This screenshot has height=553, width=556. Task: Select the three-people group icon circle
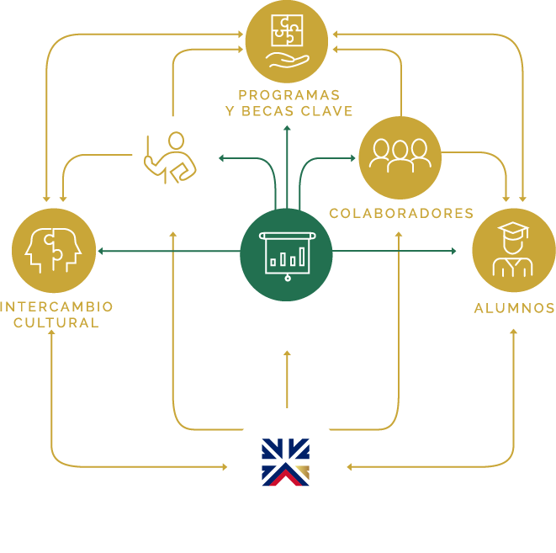tap(400, 157)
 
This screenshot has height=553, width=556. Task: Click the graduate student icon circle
tap(513, 250)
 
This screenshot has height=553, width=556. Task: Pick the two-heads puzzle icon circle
tap(53, 250)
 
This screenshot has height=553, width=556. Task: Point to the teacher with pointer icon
tap(170, 157)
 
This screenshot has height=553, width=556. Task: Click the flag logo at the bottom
tap(286, 462)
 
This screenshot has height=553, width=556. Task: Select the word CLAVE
tap(329, 111)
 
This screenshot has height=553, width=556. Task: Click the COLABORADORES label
tap(401, 214)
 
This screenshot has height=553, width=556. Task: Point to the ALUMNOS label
tap(514, 308)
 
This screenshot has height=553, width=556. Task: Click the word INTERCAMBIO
tap(57, 306)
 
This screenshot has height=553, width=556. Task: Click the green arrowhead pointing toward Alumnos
tap(453, 251)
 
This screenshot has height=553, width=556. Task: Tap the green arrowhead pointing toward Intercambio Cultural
tap(101, 251)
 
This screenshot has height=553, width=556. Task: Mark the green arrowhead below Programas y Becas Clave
tap(287, 130)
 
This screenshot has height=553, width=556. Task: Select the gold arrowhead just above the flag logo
tap(287, 354)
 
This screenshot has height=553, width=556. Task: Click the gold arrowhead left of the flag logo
tap(225, 466)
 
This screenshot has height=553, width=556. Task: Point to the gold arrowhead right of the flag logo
tap(349, 466)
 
